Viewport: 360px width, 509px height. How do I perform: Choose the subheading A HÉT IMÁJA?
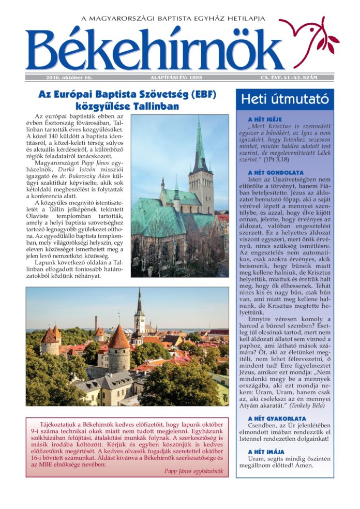click(x=266, y=452)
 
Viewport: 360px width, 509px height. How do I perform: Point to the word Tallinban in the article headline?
click(x=153, y=107)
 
